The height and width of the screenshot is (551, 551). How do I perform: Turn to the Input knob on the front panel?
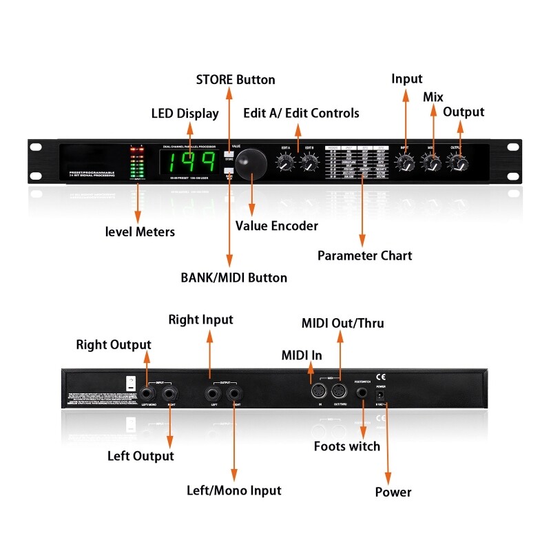[x=407, y=164]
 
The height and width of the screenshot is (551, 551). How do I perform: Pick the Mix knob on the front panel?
[x=432, y=164]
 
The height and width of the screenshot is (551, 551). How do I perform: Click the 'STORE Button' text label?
[x=236, y=79]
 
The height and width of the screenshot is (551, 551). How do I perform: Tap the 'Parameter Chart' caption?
[x=364, y=256]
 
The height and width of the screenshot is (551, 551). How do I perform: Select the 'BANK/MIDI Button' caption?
[x=233, y=278]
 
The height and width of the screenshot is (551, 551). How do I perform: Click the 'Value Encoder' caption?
[x=276, y=226]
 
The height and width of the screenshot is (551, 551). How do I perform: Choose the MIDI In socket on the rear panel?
[x=319, y=392]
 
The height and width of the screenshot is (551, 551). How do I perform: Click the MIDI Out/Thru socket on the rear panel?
[x=339, y=392]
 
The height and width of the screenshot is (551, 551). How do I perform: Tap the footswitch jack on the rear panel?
[x=362, y=393]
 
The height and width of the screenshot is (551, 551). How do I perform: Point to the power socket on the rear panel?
[x=379, y=397]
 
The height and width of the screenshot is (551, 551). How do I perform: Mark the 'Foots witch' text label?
[x=346, y=446]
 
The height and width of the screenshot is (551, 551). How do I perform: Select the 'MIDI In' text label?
[x=301, y=355]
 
